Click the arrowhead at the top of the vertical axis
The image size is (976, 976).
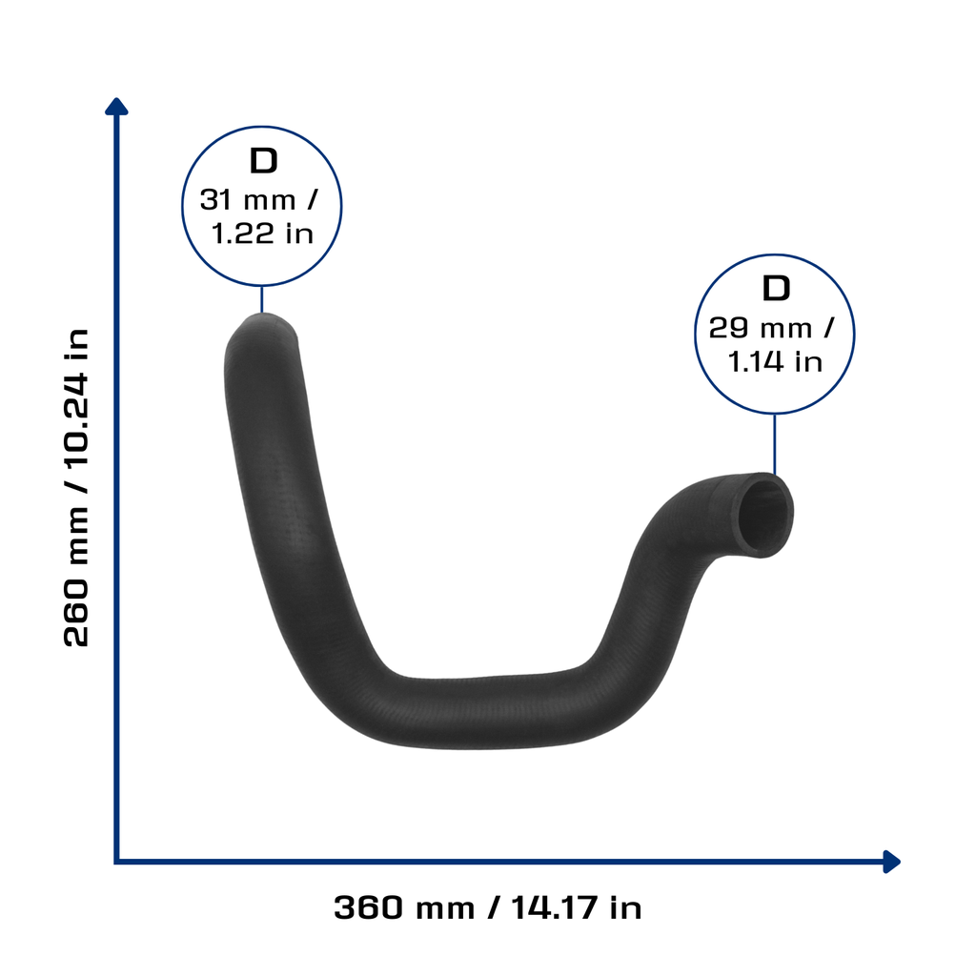116,106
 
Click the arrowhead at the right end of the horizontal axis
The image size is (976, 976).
892,862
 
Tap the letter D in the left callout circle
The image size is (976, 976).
263,161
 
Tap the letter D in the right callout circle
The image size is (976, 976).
776,289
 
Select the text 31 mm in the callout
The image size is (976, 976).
248,200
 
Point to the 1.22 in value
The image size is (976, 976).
262,234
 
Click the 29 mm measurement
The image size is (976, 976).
761,328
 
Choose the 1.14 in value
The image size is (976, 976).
775,362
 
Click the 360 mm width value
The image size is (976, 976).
404,907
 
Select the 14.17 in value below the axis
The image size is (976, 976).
577,907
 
